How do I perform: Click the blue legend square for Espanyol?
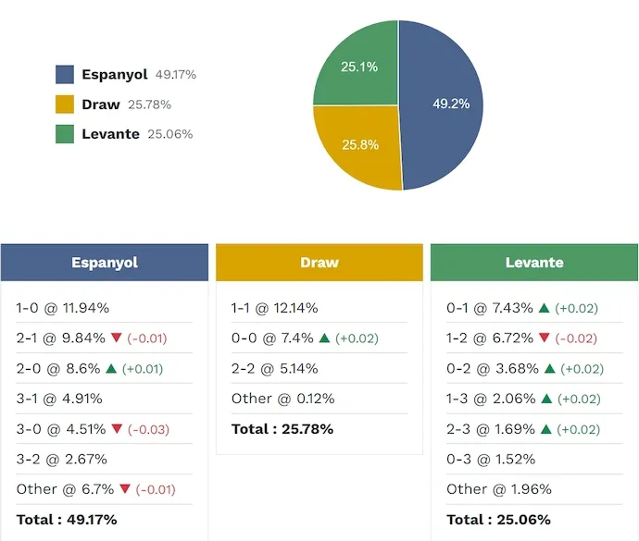tap(65, 75)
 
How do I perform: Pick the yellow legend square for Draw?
tap(65, 105)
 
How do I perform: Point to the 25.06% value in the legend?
tap(170, 134)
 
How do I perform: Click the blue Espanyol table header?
tap(105, 263)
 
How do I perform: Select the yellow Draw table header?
tap(319, 263)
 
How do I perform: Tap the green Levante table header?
tap(534, 263)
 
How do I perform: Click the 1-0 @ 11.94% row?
tap(62, 308)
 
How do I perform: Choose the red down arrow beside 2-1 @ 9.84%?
tap(116, 338)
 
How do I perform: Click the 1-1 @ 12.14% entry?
tap(274, 308)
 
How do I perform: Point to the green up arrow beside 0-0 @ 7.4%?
tap(324, 338)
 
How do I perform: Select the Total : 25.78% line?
tap(282, 429)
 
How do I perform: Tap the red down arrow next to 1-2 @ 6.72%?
tap(545, 338)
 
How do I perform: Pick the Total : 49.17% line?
tap(67, 519)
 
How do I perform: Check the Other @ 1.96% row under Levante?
tap(498, 489)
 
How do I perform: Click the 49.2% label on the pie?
tap(451, 105)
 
